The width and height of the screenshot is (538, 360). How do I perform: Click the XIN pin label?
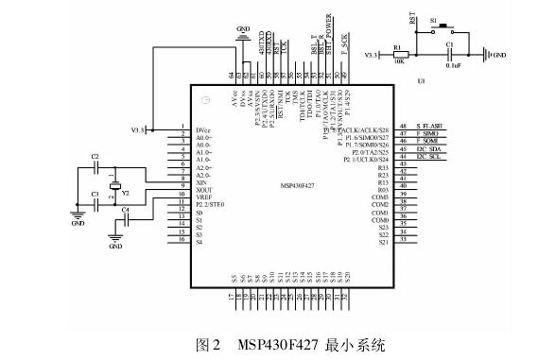point(201,183)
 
